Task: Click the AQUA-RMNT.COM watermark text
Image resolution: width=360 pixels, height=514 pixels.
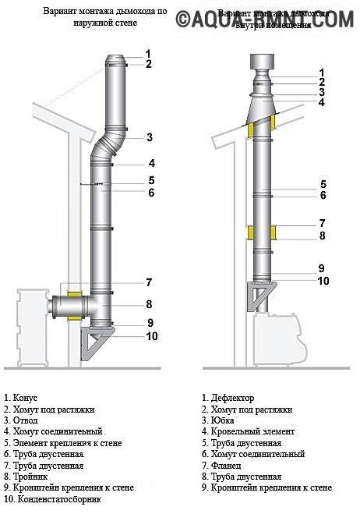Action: coord(266,19)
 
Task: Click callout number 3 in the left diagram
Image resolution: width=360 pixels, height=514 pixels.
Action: coord(149,138)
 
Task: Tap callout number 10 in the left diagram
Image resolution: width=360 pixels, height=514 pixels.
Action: coord(152,336)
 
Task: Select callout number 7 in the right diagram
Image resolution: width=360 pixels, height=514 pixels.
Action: coord(321,222)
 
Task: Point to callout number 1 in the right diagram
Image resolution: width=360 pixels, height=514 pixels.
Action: coord(321,73)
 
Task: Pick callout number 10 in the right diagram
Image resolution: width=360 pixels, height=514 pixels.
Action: coord(323,281)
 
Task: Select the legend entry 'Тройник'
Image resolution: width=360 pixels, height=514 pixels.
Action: coord(26,476)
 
